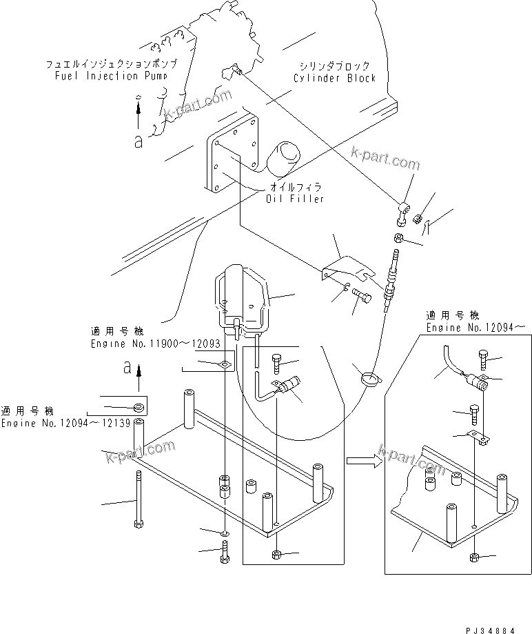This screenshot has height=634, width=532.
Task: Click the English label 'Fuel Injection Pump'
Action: (x=110, y=75)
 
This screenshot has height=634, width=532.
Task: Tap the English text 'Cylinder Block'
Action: (x=334, y=78)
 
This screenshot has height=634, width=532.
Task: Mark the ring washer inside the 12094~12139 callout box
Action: (x=139, y=406)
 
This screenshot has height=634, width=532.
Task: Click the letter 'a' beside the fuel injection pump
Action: (x=139, y=141)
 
